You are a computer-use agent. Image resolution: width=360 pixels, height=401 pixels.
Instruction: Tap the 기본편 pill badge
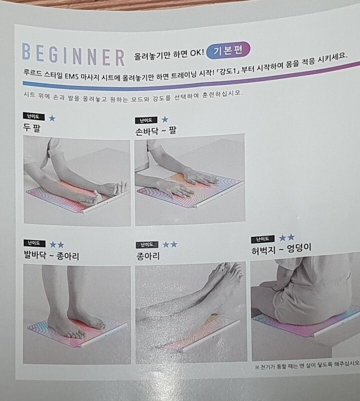point(228,50)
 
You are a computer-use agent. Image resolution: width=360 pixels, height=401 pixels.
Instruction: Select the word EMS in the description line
point(71,76)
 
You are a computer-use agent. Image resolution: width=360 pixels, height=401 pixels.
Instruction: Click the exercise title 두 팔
point(31,127)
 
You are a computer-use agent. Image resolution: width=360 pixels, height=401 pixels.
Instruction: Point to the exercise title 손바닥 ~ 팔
point(156,131)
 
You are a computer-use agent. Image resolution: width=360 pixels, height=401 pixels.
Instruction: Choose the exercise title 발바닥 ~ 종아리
point(51,255)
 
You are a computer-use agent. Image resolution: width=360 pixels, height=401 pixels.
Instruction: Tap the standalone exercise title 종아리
point(148,256)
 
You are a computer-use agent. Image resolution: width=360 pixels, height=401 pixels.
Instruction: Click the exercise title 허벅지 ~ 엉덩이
point(281,249)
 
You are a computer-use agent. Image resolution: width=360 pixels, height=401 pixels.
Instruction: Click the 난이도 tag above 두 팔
point(34,116)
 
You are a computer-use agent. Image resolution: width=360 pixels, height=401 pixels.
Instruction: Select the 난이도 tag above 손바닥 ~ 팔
point(146,120)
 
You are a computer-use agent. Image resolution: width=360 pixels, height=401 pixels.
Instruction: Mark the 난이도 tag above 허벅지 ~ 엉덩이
point(263,239)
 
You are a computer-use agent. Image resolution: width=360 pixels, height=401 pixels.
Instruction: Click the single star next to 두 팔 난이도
point(52,118)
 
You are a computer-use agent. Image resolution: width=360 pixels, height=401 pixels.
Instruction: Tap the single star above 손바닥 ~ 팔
point(165,119)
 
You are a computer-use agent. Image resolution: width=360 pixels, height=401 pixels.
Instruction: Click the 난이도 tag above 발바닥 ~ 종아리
point(34,243)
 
